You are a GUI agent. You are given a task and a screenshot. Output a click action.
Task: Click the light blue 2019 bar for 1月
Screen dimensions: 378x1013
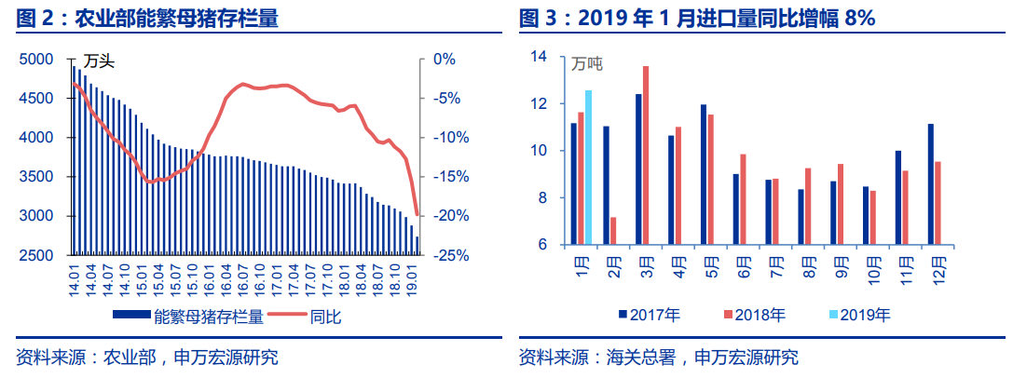(x=588, y=168)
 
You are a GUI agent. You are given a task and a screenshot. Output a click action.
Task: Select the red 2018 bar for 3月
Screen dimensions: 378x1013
(x=646, y=155)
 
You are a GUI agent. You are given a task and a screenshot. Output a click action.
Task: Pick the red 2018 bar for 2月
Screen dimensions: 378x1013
(x=613, y=231)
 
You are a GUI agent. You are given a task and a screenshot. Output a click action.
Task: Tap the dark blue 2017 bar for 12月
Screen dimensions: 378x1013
(x=930, y=184)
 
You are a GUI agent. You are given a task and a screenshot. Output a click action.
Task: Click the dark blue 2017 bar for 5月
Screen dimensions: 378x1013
(x=704, y=175)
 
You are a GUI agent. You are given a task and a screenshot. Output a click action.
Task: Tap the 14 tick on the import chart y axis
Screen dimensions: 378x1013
(x=538, y=56)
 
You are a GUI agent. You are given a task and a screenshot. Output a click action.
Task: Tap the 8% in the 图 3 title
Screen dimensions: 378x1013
(x=858, y=18)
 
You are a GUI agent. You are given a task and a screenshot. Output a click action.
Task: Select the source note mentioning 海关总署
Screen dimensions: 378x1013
(x=658, y=358)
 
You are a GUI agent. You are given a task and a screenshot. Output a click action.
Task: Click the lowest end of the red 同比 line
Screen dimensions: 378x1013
(x=417, y=215)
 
